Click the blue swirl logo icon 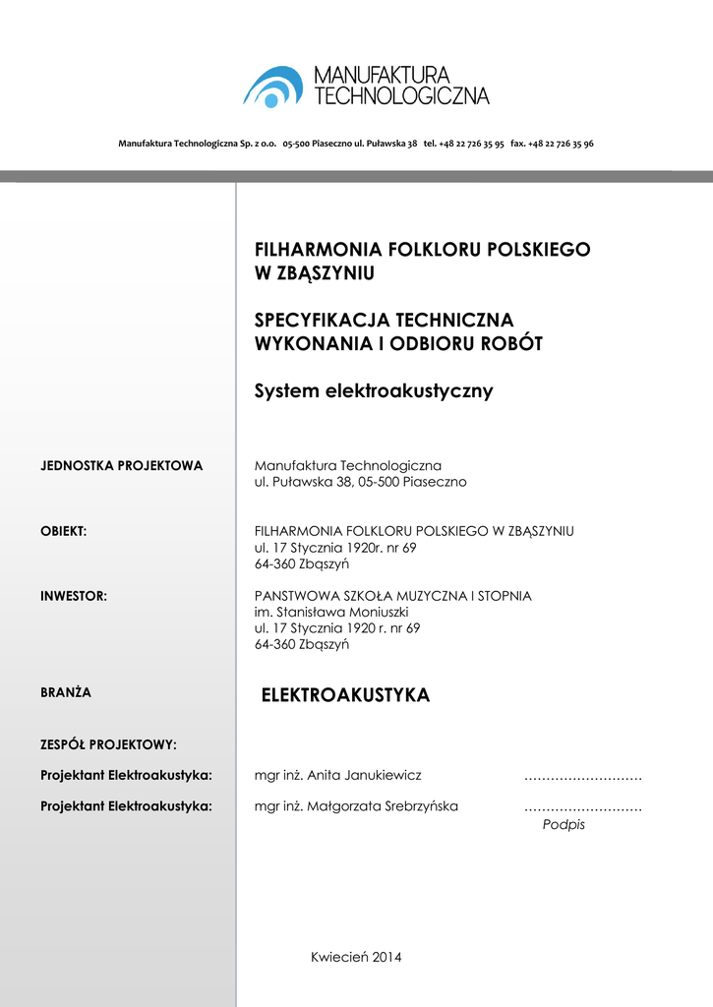[272, 87]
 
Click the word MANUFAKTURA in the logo [382, 75]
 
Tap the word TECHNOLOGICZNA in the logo [400, 95]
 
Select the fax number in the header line [552, 144]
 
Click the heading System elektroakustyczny [374, 391]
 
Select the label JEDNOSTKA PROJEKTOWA [122, 465]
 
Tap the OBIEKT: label [64, 531]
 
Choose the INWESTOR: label [74, 596]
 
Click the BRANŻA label [66, 692]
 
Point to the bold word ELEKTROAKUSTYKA [345, 695]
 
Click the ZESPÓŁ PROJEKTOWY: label [108, 744]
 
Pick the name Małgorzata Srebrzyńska [383, 806]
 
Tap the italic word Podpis [564, 825]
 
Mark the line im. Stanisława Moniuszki [325, 612]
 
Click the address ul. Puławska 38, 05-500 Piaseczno [360, 482]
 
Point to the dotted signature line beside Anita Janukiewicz [582, 777]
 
